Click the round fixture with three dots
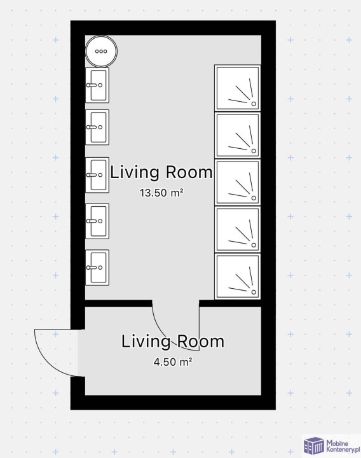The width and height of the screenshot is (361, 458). pyautogui.click(x=101, y=51)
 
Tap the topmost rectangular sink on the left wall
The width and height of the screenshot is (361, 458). pyautogui.click(x=97, y=85)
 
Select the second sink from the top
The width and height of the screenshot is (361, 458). pyautogui.click(x=97, y=127)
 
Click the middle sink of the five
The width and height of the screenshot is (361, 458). pyautogui.click(x=97, y=175)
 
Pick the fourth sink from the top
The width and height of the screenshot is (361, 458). pyautogui.click(x=97, y=221)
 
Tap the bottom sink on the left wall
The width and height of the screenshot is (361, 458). pyautogui.click(x=97, y=267)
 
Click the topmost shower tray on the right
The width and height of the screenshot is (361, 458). pyautogui.click(x=238, y=88)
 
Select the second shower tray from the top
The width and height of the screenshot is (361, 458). pyautogui.click(x=238, y=135)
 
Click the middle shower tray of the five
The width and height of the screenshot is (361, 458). pyautogui.click(x=238, y=183)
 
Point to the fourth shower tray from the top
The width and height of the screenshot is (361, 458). pyautogui.click(x=238, y=230)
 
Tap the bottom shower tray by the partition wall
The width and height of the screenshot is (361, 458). pyautogui.click(x=238, y=277)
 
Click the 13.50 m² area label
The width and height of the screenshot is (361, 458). pyautogui.click(x=161, y=193)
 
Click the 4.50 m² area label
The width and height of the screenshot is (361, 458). pyautogui.click(x=173, y=362)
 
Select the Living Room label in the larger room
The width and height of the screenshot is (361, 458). pyautogui.click(x=161, y=172)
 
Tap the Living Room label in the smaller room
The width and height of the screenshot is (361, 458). pyautogui.click(x=173, y=341)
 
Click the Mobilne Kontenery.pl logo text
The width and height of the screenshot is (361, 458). pyautogui.click(x=342, y=447)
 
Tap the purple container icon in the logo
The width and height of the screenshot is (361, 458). pyautogui.click(x=314, y=447)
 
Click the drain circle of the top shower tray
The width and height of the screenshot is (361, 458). pyautogui.click(x=254, y=104)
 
